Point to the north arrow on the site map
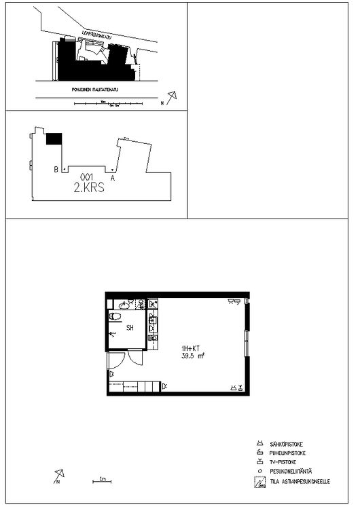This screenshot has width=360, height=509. pyautogui.click(x=171, y=98)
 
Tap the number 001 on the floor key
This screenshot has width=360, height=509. pyautogui.click(x=86, y=178)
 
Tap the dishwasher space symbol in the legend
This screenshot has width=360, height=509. pyautogui.click(x=258, y=483)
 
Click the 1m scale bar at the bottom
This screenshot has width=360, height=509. pyautogui.click(x=101, y=482)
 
